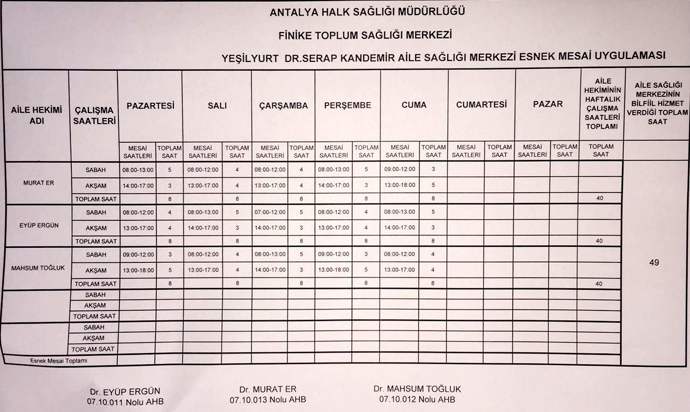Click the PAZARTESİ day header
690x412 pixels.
(x=150, y=106)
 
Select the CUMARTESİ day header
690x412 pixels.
(x=481, y=104)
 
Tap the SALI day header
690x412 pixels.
(x=217, y=106)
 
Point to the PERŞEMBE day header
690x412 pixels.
(x=348, y=105)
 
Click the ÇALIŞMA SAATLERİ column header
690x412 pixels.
(x=94, y=116)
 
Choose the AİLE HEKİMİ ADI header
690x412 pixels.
(x=36, y=116)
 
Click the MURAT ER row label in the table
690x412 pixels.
(x=39, y=183)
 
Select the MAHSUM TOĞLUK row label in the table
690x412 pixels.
(x=38, y=268)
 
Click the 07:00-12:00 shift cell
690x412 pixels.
(x=270, y=212)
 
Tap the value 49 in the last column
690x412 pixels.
(x=654, y=262)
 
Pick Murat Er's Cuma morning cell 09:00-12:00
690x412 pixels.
(x=400, y=169)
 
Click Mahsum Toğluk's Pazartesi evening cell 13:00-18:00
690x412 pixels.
(x=138, y=270)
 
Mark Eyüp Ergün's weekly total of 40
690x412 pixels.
(x=599, y=241)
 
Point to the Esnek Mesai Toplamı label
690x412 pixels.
(x=59, y=361)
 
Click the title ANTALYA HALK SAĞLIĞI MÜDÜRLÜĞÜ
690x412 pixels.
(x=367, y=12)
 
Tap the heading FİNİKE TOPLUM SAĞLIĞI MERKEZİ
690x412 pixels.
(x=365, y=35)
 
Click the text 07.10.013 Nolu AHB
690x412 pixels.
(x=268, y=400)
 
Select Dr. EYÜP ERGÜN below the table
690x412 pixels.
(x=125, y=391)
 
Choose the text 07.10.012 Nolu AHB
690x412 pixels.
(x=417, y=399)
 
